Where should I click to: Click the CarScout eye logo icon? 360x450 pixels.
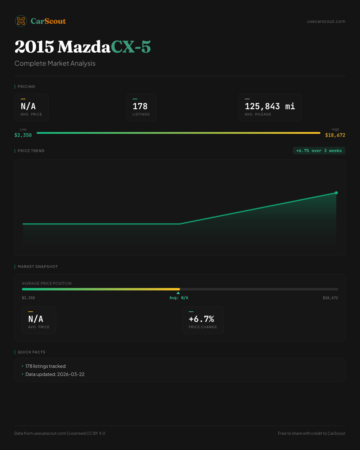(x=21, y=21)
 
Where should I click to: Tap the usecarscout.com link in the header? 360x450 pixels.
(x=326, y=21)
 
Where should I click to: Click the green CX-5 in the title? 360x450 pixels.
(x=131, y=47)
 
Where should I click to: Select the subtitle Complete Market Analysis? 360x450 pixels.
(x=55, y=63)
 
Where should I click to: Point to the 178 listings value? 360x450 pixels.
(x=140, y=106)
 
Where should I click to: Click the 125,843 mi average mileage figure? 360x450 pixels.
(x=270, y=106)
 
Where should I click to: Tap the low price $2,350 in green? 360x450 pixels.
(x=23, y=135)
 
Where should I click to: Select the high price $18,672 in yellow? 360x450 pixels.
(x=335, y=135)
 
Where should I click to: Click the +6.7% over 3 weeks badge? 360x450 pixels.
(x=319, y=151)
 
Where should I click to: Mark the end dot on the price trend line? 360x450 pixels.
(x=336, y=193)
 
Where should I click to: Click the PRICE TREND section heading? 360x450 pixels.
(x=31, y=151)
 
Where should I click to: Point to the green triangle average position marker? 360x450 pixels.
(x=178, y=293)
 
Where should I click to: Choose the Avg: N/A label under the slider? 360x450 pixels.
(x=179, y=298)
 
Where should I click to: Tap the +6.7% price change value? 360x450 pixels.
(x=201, y=319)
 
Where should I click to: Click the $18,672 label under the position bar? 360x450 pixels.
(x=330, y=298)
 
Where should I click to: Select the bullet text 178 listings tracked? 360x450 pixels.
(x=45, y=366)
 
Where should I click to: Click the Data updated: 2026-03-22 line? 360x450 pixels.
(x=55, y=374)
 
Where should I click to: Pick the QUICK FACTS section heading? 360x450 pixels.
(x=31, y=352)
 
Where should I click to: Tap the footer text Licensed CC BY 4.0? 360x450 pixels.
(x=87, y=433)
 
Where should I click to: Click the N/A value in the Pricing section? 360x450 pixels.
(x=28, y=106)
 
